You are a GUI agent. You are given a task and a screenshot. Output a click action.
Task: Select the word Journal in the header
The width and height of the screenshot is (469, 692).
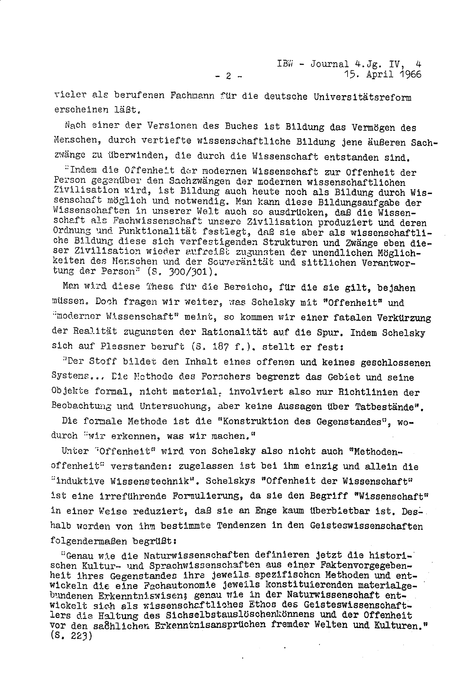(329, 64)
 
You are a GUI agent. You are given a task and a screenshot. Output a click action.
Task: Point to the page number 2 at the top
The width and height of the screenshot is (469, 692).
(228, 76)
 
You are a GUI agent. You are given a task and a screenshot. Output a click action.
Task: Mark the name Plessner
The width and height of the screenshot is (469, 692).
(123, 346)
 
